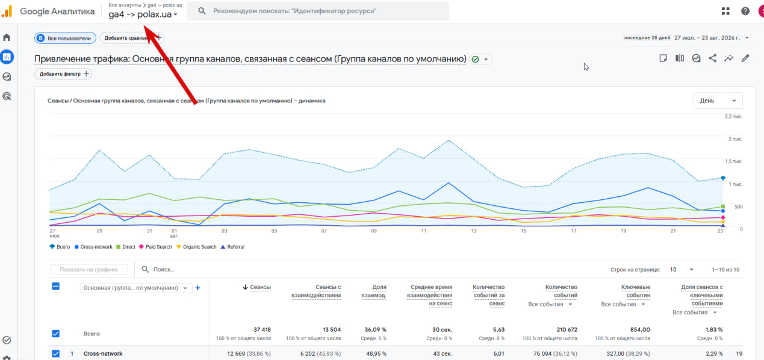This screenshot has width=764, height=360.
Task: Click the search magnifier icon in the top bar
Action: pos(202,11)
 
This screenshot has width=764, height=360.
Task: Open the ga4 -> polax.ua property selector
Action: pos(143,14)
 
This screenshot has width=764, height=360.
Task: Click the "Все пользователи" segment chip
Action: pos(65,38)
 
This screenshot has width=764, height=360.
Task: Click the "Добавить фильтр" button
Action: pos(63,74)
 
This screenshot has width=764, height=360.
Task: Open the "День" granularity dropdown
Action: pos(718,101)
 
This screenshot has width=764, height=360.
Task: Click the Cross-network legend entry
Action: pos(93,247)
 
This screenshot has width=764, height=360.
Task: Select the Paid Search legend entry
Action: pos(155,247)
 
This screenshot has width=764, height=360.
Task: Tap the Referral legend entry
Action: pos(232,247)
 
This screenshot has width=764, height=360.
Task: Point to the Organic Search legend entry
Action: pos(196,247)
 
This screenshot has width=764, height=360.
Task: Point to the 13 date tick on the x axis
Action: pos(473,231)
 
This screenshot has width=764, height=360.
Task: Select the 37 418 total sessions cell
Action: pos(262,330)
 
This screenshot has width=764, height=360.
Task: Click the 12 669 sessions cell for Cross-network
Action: pos(236,354)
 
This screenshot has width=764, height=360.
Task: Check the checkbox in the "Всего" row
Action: pos(55,334)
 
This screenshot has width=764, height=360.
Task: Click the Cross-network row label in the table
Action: pos(103,354)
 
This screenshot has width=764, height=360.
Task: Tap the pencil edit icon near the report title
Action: pos(745,58)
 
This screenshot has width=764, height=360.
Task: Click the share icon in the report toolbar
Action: pos(712,58)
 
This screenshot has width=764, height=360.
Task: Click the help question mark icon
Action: pos(745,11)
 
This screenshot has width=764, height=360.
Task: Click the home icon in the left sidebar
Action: pos(7,37)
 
